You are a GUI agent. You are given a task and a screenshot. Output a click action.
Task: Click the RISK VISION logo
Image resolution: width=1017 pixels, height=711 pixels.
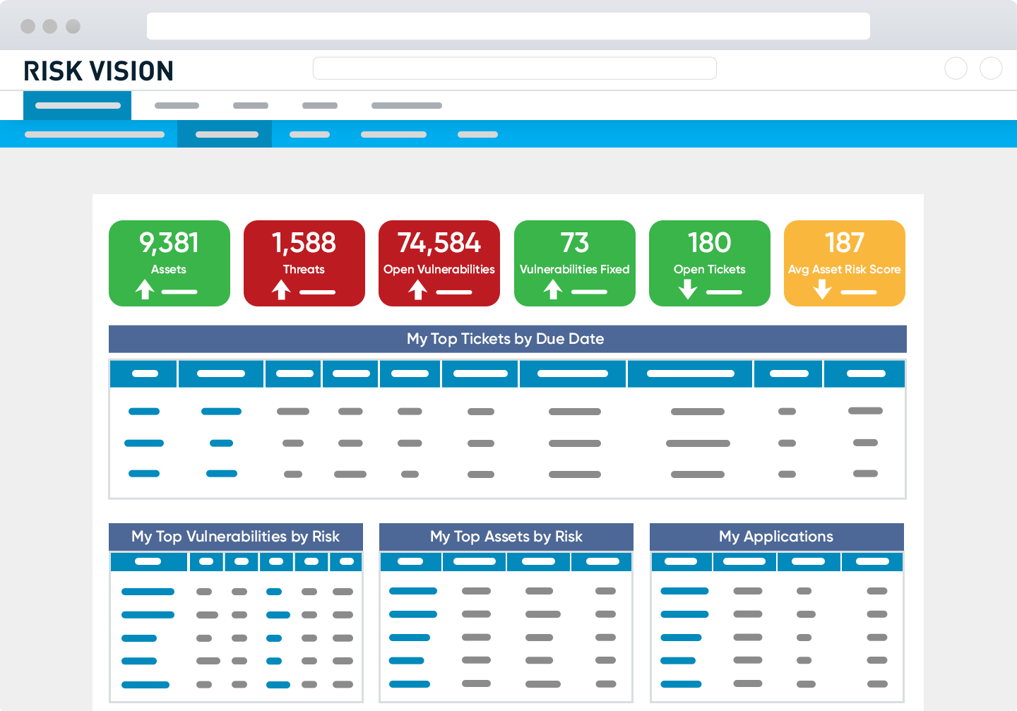[98, 71]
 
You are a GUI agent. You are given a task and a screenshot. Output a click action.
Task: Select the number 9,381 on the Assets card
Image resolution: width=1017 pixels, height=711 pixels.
[169, 243]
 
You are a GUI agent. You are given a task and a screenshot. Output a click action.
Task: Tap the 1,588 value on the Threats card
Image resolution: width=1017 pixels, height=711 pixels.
[304, 243]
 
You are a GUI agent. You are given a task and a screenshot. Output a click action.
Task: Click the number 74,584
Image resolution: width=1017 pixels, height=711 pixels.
[439, 243]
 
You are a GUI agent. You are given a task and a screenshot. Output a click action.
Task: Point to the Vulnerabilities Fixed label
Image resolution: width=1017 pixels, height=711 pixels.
[574, 269]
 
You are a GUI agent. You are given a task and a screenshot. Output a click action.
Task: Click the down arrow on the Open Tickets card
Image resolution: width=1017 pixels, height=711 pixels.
[688, 289]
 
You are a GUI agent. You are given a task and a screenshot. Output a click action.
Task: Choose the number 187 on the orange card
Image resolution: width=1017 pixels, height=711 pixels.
[844, 243]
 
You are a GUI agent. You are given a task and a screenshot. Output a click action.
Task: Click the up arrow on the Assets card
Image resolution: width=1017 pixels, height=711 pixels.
[145, 289]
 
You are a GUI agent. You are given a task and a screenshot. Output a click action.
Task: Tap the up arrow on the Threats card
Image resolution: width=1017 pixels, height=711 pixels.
[281, 289]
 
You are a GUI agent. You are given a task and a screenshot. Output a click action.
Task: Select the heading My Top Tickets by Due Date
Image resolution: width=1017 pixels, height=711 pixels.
[506, 339]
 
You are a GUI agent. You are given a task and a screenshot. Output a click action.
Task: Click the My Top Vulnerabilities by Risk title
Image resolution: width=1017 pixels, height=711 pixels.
[235, 537]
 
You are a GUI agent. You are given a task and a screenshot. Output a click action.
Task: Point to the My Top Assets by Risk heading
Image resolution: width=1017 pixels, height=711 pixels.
[506, 537]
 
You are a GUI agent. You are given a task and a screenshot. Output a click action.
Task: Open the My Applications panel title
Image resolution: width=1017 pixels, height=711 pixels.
[775, 537]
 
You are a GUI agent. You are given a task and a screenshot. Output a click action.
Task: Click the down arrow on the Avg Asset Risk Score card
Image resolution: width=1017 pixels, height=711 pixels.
[822, 289]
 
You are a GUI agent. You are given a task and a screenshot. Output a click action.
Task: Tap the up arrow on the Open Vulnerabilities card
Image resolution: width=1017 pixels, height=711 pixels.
[417, 289]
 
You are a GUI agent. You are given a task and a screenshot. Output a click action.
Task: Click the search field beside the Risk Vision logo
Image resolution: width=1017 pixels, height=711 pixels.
[514, 68]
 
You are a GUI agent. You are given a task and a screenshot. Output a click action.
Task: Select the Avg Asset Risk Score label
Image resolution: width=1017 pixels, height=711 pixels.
[844, 269]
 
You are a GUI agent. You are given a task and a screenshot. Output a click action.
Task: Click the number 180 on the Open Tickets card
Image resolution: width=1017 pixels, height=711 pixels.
[709, 243]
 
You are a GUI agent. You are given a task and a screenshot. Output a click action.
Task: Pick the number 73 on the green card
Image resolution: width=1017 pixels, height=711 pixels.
[574, 243]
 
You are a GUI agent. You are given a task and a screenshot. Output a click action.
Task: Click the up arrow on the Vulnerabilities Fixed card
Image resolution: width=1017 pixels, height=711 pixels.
[553, 289]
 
